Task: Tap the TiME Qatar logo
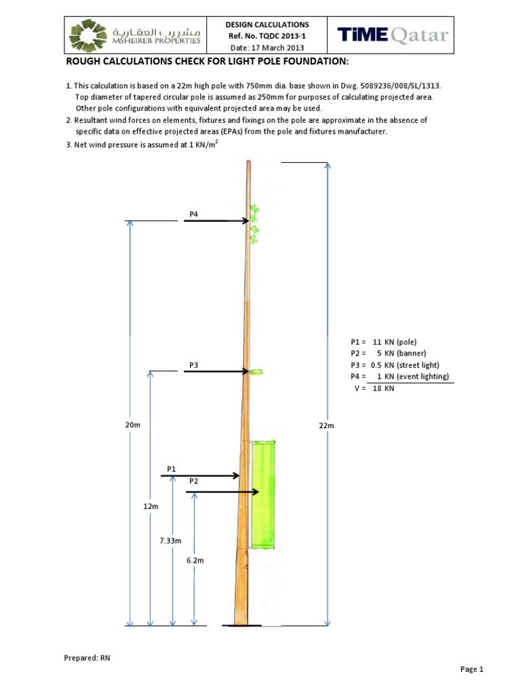393,35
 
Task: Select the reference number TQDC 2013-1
267,36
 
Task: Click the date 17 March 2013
267,48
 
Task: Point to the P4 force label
193,214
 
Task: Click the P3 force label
193,364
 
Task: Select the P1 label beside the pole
172,468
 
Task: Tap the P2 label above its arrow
193,481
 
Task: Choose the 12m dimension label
151,506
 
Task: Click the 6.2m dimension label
195,561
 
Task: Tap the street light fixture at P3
256,371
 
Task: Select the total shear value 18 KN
383,389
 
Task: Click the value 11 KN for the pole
383,341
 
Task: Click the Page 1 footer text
471,669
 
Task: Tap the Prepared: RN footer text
87,658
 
